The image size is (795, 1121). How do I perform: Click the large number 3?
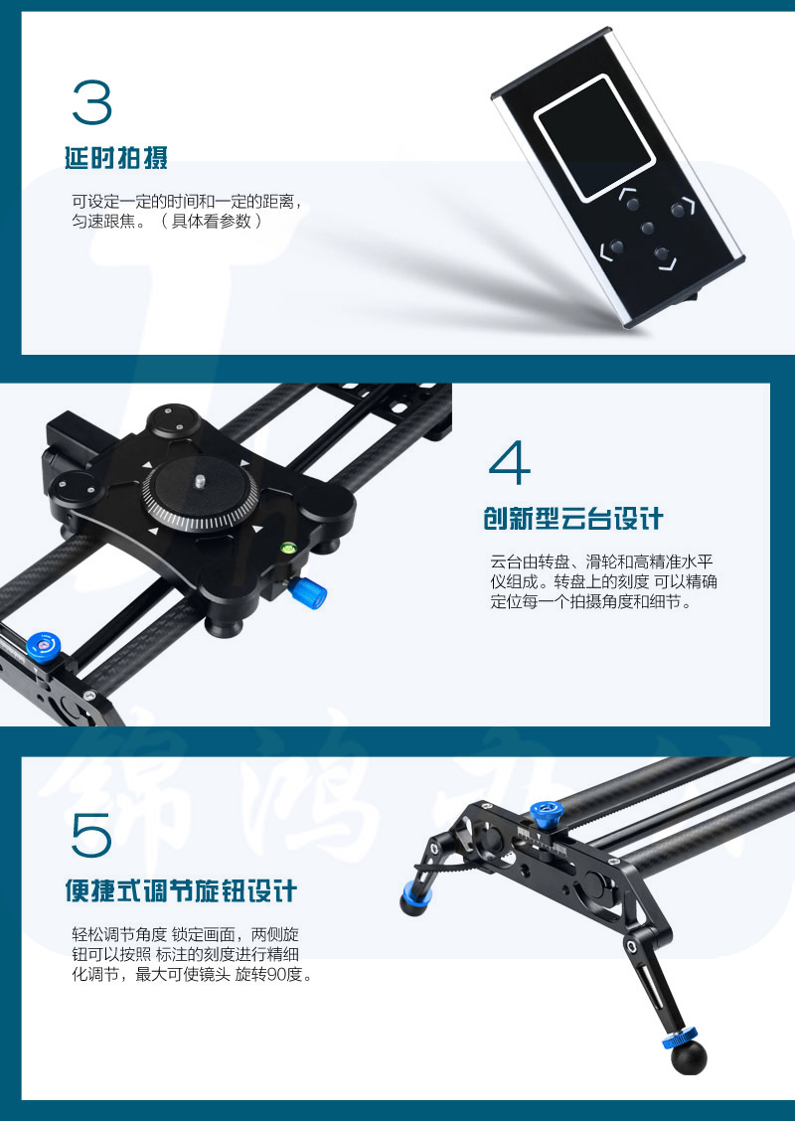pos(92,101)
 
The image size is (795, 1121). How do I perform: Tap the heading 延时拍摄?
pos(116,158)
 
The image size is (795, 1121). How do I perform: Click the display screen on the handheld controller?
pos(595,136)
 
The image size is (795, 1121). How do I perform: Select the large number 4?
pos(510,462)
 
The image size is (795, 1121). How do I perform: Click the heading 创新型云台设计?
pos(573,519)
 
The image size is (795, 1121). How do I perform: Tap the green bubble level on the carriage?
pos(289,549)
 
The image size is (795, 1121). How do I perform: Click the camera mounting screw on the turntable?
pos(201,480)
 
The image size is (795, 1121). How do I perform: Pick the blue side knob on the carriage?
pos(308,592)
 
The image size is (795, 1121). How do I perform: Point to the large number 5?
pos(91,835)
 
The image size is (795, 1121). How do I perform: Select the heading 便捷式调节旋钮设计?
pos(181,891)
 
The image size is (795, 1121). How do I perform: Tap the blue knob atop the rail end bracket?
pos(547,813)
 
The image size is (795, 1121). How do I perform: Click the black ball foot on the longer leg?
pos(689,1057)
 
